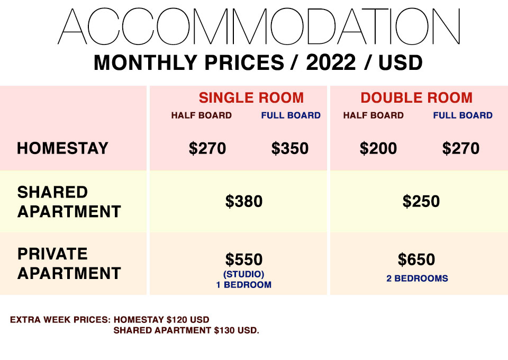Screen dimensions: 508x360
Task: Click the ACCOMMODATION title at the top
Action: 259,26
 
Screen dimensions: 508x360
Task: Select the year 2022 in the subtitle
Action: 331,62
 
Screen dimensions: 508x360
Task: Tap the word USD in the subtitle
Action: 401,62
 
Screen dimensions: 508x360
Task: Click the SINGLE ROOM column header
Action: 251,97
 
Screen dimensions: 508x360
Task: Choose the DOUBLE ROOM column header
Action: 416,97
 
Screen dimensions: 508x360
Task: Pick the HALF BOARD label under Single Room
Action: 202,115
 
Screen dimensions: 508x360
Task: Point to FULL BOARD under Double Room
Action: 462,115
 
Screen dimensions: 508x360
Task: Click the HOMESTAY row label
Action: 62,148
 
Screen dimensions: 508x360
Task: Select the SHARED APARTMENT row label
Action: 69,202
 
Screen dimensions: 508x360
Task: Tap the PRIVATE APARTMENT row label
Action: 69,264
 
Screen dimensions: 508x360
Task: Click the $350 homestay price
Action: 289,148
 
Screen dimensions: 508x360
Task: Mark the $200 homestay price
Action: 378,148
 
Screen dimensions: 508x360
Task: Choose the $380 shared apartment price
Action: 243,201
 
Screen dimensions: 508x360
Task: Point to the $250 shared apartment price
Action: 421,201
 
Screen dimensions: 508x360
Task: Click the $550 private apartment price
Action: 243,259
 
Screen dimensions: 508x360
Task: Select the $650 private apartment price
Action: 416,259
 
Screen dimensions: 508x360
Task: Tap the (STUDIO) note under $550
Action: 243,274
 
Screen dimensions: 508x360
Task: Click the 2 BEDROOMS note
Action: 418,278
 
